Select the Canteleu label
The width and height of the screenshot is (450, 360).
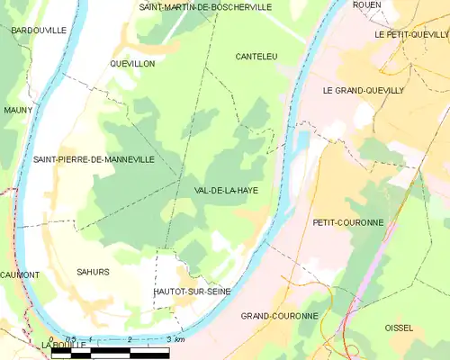256,56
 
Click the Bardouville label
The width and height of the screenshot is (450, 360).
39,30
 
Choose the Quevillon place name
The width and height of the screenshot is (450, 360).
132,64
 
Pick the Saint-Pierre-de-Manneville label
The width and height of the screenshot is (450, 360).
94,159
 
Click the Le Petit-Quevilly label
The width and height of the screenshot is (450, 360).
411,33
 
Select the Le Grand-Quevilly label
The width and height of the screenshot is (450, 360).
364,91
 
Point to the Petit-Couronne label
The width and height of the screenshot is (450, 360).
348,222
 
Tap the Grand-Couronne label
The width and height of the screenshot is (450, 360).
279,316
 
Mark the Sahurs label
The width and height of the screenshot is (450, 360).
93,272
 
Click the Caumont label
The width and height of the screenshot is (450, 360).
19,274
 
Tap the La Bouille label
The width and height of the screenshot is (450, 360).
62,345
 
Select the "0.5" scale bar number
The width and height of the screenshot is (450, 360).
71,339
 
